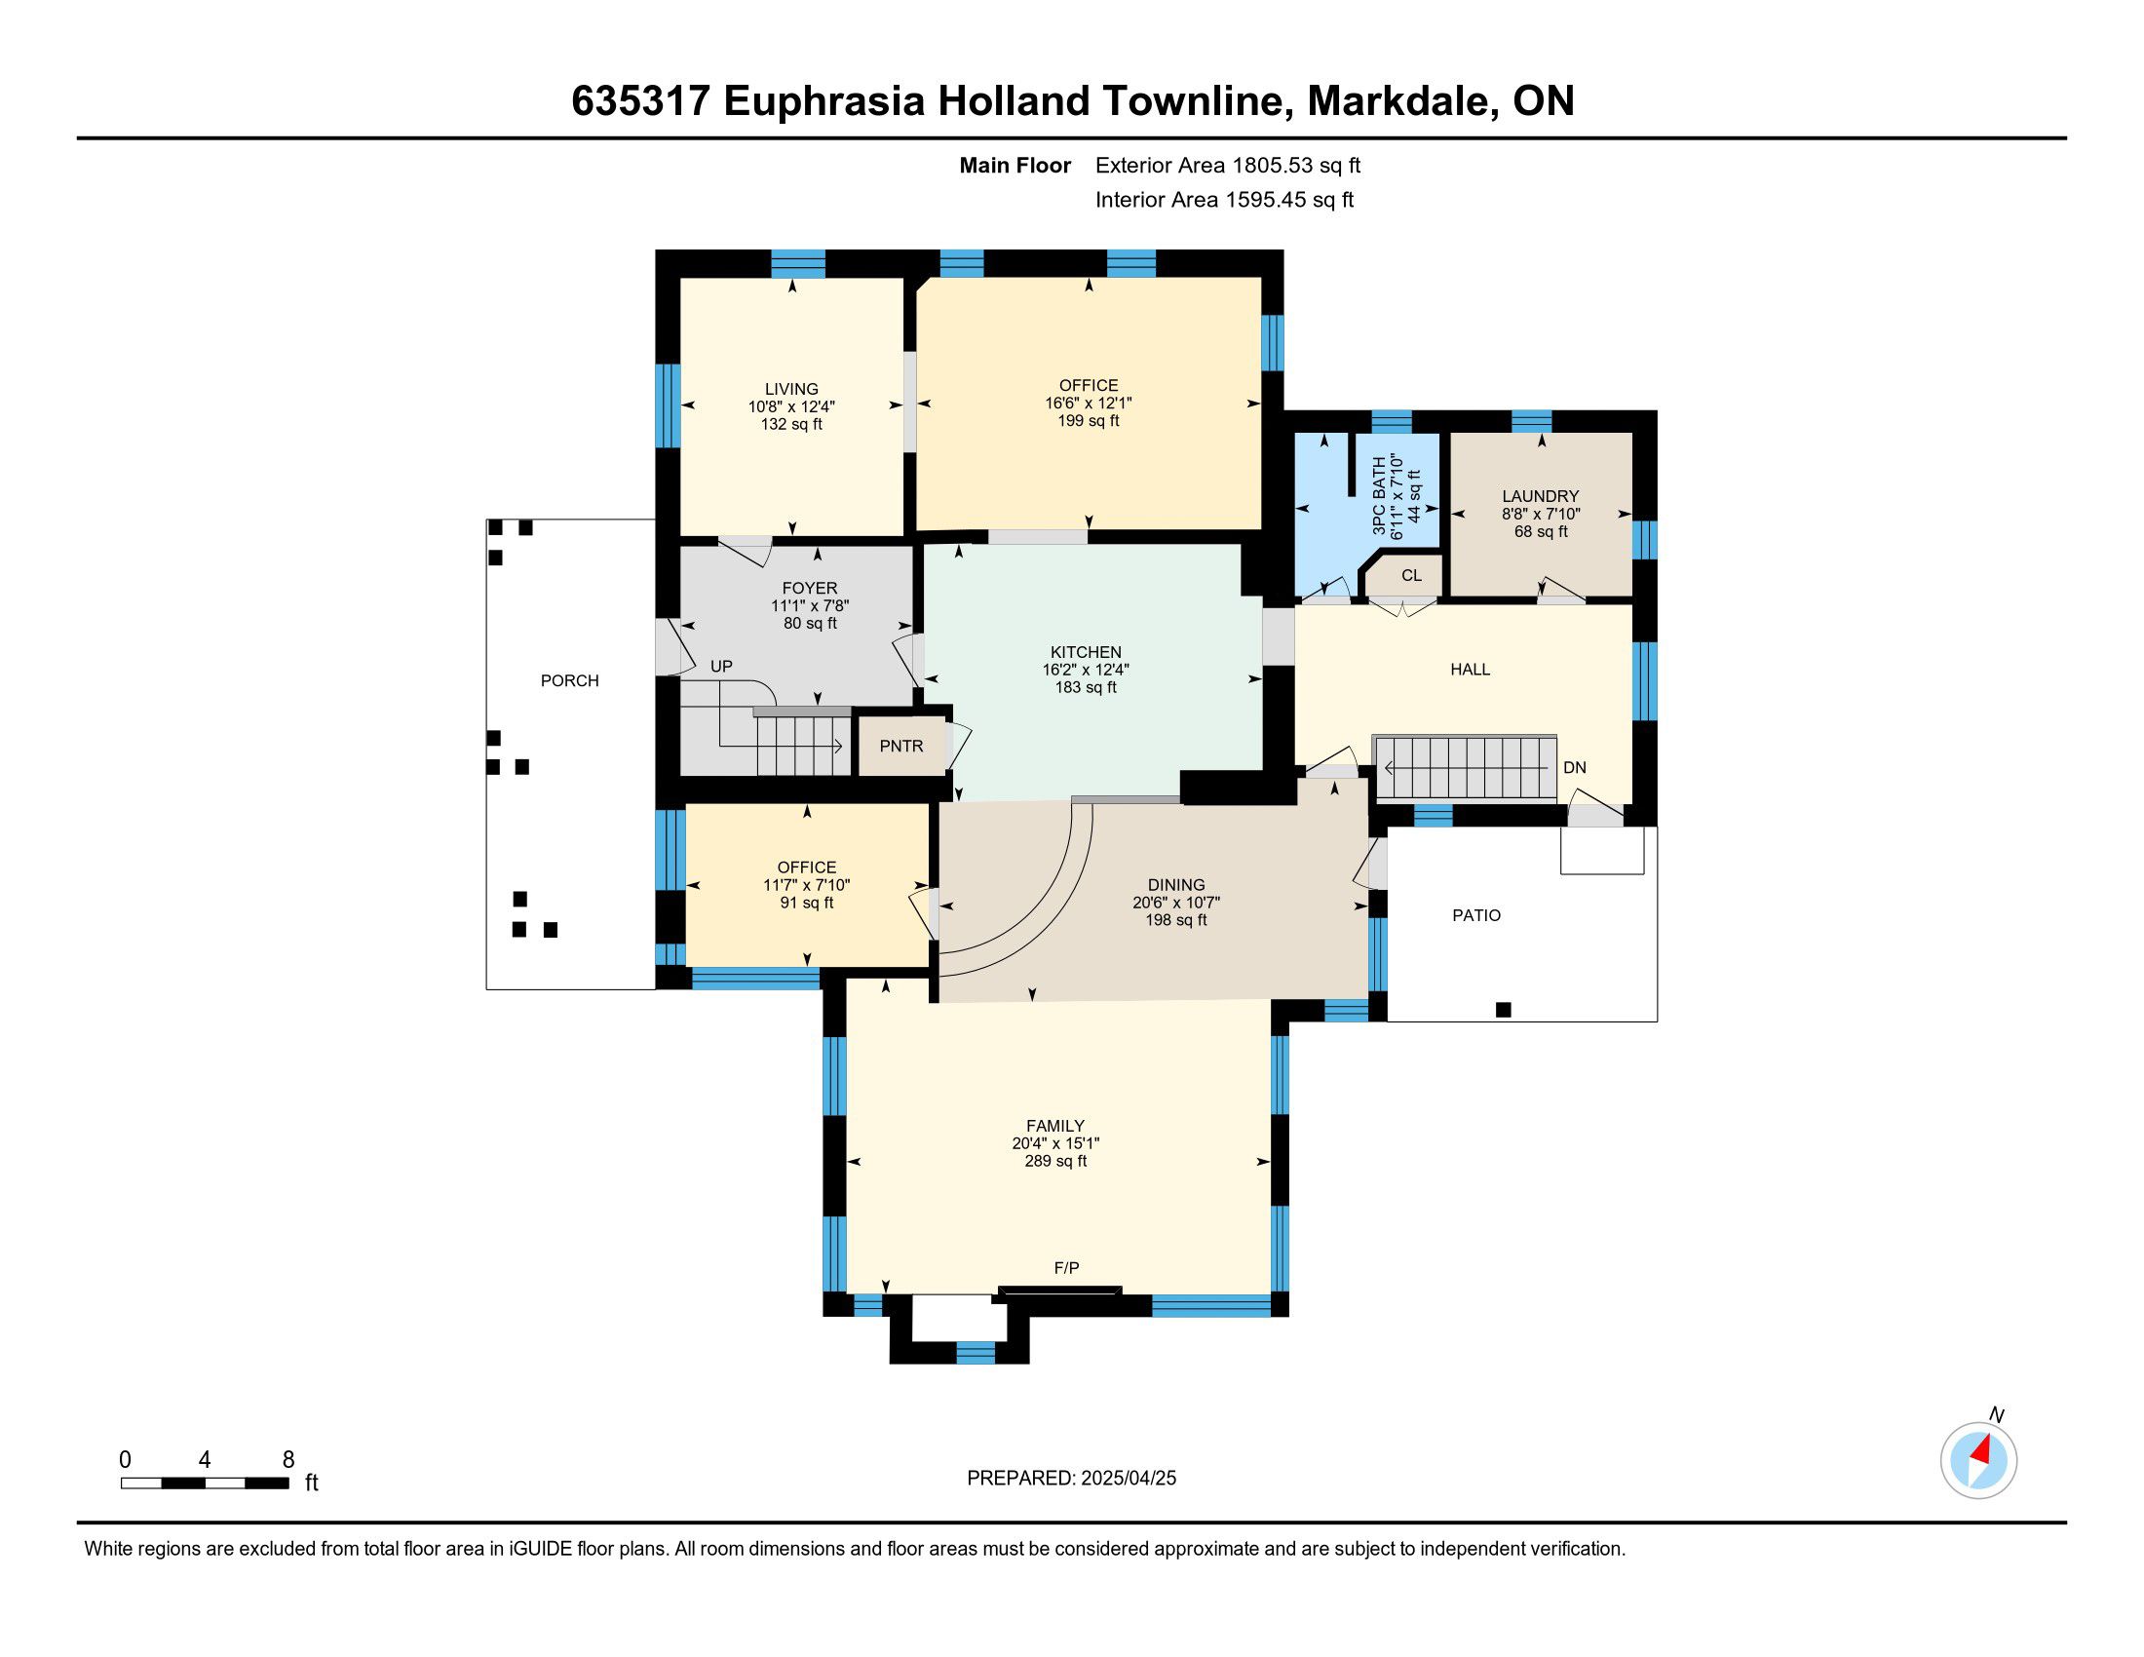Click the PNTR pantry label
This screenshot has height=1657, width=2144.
pos(901,746)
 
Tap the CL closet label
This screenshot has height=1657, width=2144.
pos(1412,575)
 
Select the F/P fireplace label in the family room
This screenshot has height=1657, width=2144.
pos(1066,1268)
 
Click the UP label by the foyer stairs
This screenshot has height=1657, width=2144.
pos(721,667)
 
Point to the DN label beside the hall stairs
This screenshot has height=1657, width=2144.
pos(1575,768)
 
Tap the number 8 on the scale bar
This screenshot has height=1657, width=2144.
pos(288,1460)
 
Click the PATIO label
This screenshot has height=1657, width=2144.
pos(1476,916)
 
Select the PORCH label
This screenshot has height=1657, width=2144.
pos(569,681)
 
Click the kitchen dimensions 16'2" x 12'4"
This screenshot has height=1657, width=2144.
pos(1086,670)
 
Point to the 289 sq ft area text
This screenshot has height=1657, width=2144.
pos(1055,1161)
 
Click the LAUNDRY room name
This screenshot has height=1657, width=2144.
pos(1540,497)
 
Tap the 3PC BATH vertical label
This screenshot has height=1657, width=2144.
pos(1379,496)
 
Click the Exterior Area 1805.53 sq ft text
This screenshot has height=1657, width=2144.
pos(1228,166)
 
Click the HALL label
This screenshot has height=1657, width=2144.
pos(1470,670)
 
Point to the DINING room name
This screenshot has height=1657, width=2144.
pos(1176,885)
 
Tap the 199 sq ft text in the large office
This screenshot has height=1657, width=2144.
pos(1088,421)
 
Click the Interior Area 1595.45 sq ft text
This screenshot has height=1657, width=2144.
pos(1224,200)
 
